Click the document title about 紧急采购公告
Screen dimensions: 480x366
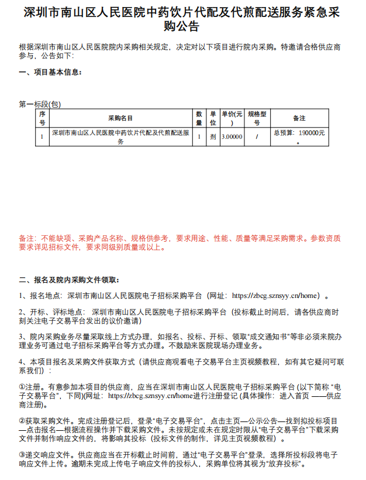click(182, 19)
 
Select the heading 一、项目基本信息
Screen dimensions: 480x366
click(50, 72)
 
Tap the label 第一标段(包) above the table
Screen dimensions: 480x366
click(40, 104)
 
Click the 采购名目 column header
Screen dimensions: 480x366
click(120, 118)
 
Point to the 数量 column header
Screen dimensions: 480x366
click(199, 118)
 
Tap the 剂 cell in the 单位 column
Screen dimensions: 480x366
click(213, 136)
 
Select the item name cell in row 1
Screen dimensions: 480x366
click(120, 136)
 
